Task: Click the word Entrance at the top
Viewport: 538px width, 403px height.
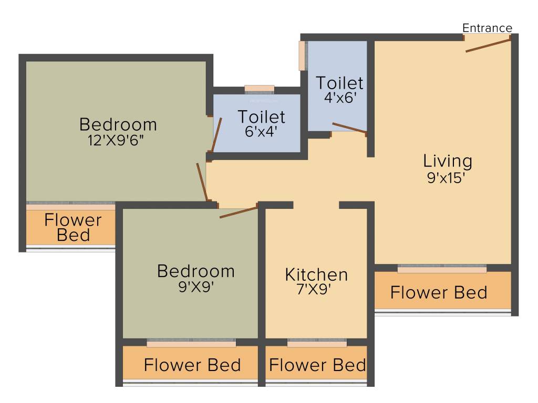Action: tap(487, 28)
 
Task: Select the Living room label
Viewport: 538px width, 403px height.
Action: tap(448, 161)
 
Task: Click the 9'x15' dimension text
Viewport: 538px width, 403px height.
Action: tap(447, 177)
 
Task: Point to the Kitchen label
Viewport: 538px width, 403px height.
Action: tap(316, 274)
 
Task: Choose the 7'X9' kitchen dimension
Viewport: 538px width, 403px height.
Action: tap(316, 290)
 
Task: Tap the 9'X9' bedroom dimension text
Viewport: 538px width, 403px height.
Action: tap(195, 287)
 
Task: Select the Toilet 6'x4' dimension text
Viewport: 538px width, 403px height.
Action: tap(261, 131)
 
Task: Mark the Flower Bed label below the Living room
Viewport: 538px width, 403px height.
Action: tap(439, 292)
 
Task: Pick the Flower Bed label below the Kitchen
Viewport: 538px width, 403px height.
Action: tap(317, 365)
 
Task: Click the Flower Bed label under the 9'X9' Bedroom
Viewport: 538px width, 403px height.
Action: tap(192, 365)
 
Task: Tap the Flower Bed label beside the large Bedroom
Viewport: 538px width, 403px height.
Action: tap(73, 227)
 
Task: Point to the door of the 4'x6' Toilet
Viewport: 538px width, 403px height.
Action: tap(349, 128)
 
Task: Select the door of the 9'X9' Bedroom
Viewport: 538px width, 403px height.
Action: tap(239, 213)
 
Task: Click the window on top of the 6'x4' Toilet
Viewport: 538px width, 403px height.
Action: tap(260, 89)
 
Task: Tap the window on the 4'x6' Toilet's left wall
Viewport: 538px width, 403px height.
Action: tap(302, 56)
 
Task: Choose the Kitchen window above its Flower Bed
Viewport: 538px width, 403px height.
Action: tap(317, 344)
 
